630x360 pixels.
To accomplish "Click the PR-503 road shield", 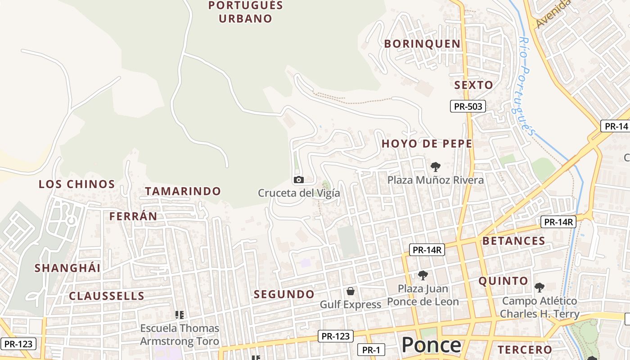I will pyautogui.click(x=468, y=107).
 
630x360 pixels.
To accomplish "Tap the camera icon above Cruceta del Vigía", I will pyautogui.click(x=298, y=180).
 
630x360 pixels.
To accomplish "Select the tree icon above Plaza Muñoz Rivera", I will pyautogui.click(x=435, y=167).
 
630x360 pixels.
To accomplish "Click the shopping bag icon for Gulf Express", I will pyautogui.click(x=351, y=291).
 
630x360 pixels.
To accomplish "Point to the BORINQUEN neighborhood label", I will pyautogui.click(x=422, y=44).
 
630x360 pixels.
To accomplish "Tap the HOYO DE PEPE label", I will pyautogui.click(x=427, y=144).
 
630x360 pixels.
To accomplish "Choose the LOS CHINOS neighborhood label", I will pyautogui.click(x=76, y=184).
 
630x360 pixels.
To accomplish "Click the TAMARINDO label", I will pyautogui.click(x=183, y=191).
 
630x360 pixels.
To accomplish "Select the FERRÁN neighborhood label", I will pyautogui.click(x=133, y=216).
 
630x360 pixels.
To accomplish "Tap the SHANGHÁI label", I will pyautogui.click(x=67, y=268).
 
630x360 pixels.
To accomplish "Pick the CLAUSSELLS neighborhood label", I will pyautogui.click(x=107, y=296).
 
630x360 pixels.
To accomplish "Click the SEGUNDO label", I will pyautogui.click(x=284, y=294).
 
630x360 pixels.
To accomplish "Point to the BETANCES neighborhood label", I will pyautogui.click(x=513, y=241).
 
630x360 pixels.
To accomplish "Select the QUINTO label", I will pyautogui.click(x=503, y=281).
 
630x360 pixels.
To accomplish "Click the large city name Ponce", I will pyautogui.click(x=431, y=345).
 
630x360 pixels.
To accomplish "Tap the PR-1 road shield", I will pyautogui.click(x=371, y=350).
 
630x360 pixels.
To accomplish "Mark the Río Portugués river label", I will pyautogui.click(x=527, y=85).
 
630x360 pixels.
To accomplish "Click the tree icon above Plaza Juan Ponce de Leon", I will pyautogui.click(x=423, y=275).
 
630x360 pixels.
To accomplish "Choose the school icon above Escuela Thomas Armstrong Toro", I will pyautogui.click(x=180, y=315).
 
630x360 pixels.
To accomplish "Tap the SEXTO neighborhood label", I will pyautogui.click(x=473, y=85).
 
